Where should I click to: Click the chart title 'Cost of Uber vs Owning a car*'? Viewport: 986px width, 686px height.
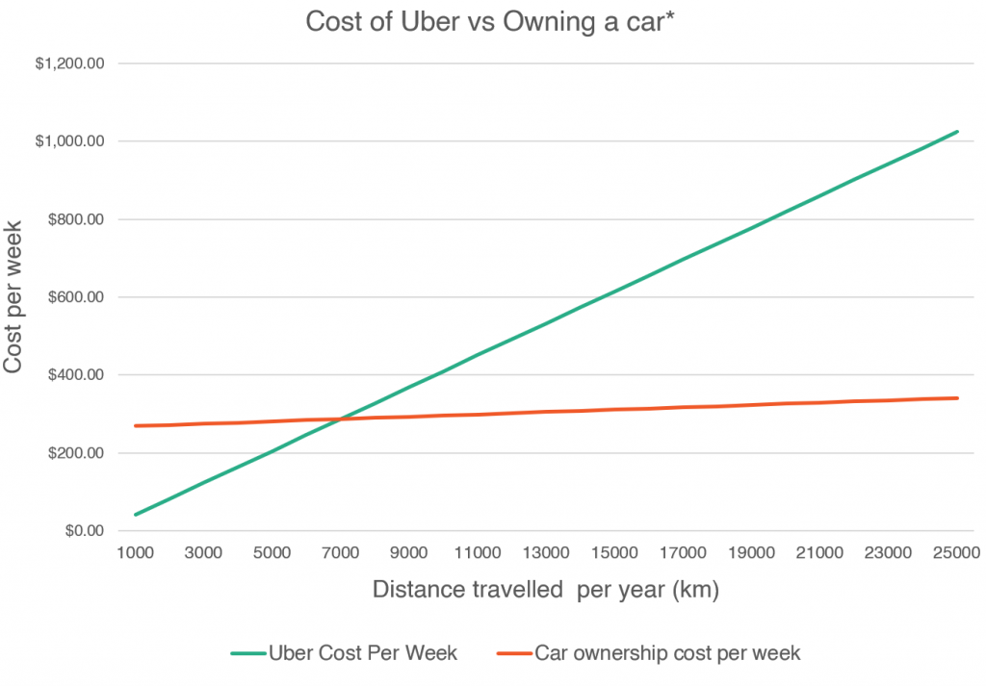point(490,22)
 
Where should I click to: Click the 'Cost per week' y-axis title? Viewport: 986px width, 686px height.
point(14,297)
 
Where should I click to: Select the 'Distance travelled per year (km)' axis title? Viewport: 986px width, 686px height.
point(545,590)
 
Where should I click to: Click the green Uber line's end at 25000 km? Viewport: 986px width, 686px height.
point(957,132)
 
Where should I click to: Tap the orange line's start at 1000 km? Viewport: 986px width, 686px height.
point(136,425)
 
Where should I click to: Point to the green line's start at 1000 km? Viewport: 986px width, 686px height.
point(136,515)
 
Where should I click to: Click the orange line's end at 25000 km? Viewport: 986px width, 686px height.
point(957,397)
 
